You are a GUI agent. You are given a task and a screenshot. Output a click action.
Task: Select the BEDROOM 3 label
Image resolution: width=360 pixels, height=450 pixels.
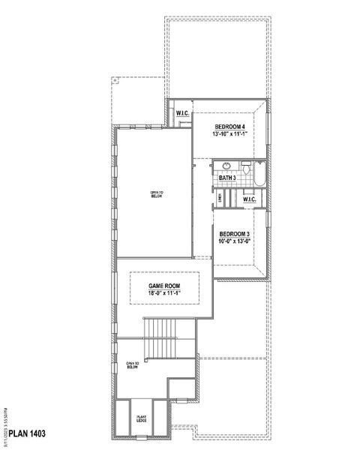click(233, 234)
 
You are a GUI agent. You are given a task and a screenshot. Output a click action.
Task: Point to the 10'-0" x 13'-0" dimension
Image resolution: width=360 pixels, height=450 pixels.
click(233, 241)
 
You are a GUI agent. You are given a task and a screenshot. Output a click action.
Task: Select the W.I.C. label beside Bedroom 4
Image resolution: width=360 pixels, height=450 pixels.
click(181, 113)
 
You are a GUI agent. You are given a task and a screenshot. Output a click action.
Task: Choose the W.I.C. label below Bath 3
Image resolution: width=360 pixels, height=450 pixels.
click(250, 199)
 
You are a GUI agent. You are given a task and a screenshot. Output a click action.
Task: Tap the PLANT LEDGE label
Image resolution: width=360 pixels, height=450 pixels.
click(140, 416)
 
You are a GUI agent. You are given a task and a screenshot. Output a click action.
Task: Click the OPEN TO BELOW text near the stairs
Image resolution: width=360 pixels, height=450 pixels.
click(133, 365)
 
